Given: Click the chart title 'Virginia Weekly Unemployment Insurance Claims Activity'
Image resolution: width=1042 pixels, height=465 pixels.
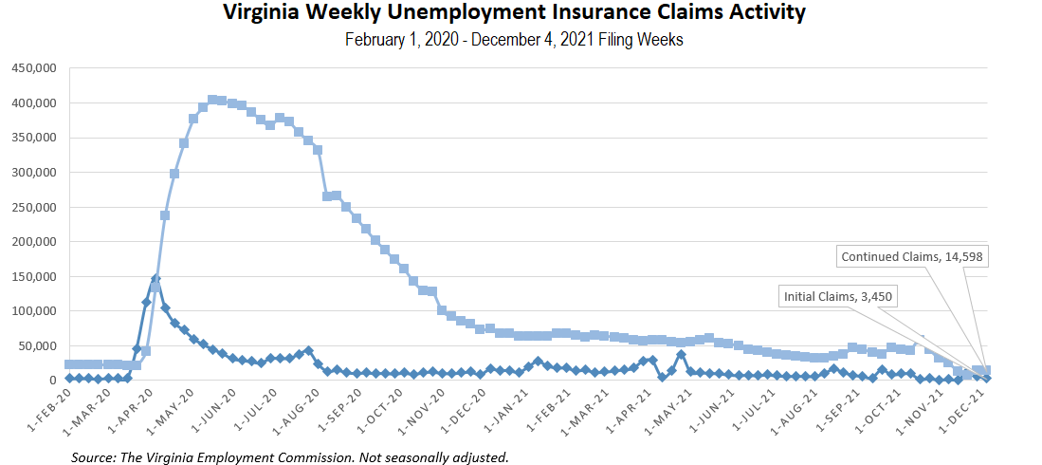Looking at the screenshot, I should click(514, 13).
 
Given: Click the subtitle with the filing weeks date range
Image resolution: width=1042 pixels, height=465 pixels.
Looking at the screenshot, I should click(514, 40).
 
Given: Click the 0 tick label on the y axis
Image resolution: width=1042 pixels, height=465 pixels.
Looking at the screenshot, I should click(54, 381).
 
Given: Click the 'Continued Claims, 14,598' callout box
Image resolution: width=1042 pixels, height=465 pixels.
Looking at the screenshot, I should click(908, 256).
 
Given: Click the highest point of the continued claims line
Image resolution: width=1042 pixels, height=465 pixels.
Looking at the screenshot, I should click(212, 99).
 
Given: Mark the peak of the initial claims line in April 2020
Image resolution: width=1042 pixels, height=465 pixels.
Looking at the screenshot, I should click(155, 279).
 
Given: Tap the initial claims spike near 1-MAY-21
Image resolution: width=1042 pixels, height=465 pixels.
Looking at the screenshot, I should click(681, 355).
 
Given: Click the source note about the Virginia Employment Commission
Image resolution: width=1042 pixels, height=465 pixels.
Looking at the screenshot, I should click(290, 457).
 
